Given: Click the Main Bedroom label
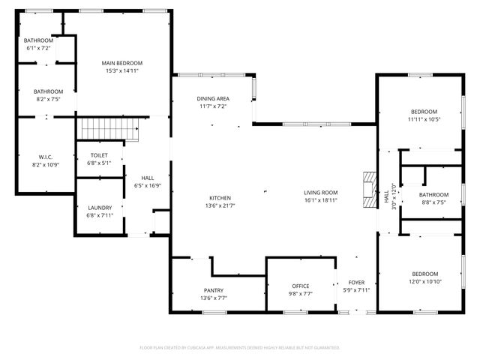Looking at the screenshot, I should [122, 63].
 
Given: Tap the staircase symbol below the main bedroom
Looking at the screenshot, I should [109, 129].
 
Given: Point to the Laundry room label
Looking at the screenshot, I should [100, 208].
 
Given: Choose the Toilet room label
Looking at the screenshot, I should [99, 155].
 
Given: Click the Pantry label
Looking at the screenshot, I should [214, 290].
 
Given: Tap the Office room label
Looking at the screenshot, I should [300, 286].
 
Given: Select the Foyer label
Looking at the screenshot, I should [356, 283].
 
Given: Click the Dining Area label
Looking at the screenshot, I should [213, 99].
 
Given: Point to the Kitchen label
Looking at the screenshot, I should [219, 197].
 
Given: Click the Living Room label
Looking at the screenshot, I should [320, 193].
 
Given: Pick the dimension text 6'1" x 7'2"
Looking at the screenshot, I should [37, 48].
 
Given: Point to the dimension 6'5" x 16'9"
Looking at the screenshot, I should [147, 186].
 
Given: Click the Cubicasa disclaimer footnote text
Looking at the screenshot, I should [240, 347].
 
